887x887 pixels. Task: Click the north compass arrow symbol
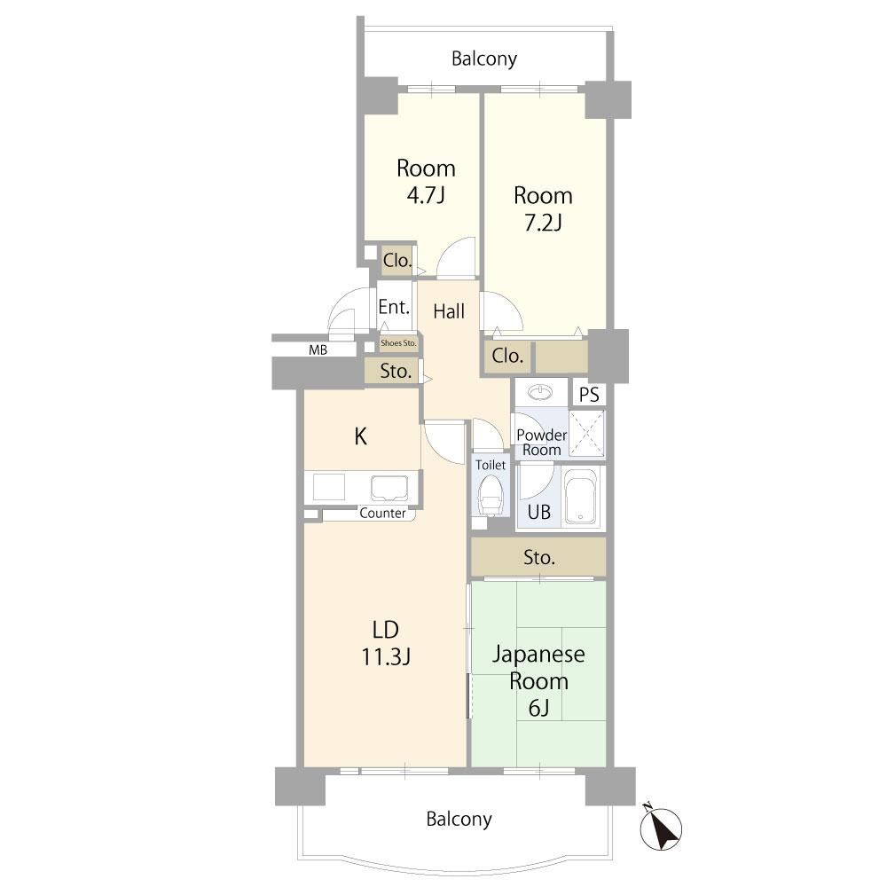(x=661, y=828)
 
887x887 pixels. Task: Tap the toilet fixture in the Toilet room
(x=490, y=495)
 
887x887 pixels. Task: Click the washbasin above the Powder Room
(x=542, y=391)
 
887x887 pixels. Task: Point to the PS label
(x=589, y=395)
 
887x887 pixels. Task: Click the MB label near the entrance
(x=318, y=350)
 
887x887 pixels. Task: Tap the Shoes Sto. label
(x=398, y=342)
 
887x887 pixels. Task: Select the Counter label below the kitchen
(x=382, y=513)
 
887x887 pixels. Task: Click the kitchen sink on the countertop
(x=389, y=488)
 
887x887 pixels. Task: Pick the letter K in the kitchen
(x=360, y=436)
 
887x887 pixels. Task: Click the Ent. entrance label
(x=394, y=307)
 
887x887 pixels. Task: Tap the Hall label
(x=449, y=311)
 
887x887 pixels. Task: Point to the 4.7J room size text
(x=426, y=195)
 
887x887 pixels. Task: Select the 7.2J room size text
(x=543, y=223)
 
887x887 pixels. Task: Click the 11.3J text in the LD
(x=386, y=656)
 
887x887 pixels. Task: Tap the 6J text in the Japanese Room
(x=538, y=708)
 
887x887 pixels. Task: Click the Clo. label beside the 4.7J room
(x=396, y=261)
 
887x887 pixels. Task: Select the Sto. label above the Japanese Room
(x=538, y=558)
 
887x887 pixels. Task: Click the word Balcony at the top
(x=484, y=59)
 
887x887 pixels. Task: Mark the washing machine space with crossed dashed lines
(x=586, y=434)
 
